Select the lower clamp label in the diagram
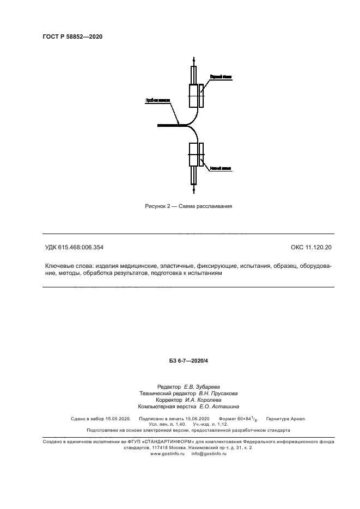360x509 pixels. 221,168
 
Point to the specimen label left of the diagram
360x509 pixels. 157,100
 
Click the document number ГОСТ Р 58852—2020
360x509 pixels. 72,36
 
